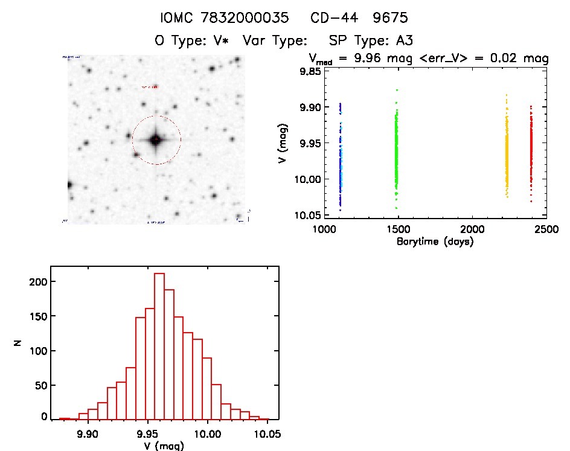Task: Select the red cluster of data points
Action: coord(531,151)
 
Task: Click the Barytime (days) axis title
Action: coord(435,242)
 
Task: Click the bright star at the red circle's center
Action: coord(156,140)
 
